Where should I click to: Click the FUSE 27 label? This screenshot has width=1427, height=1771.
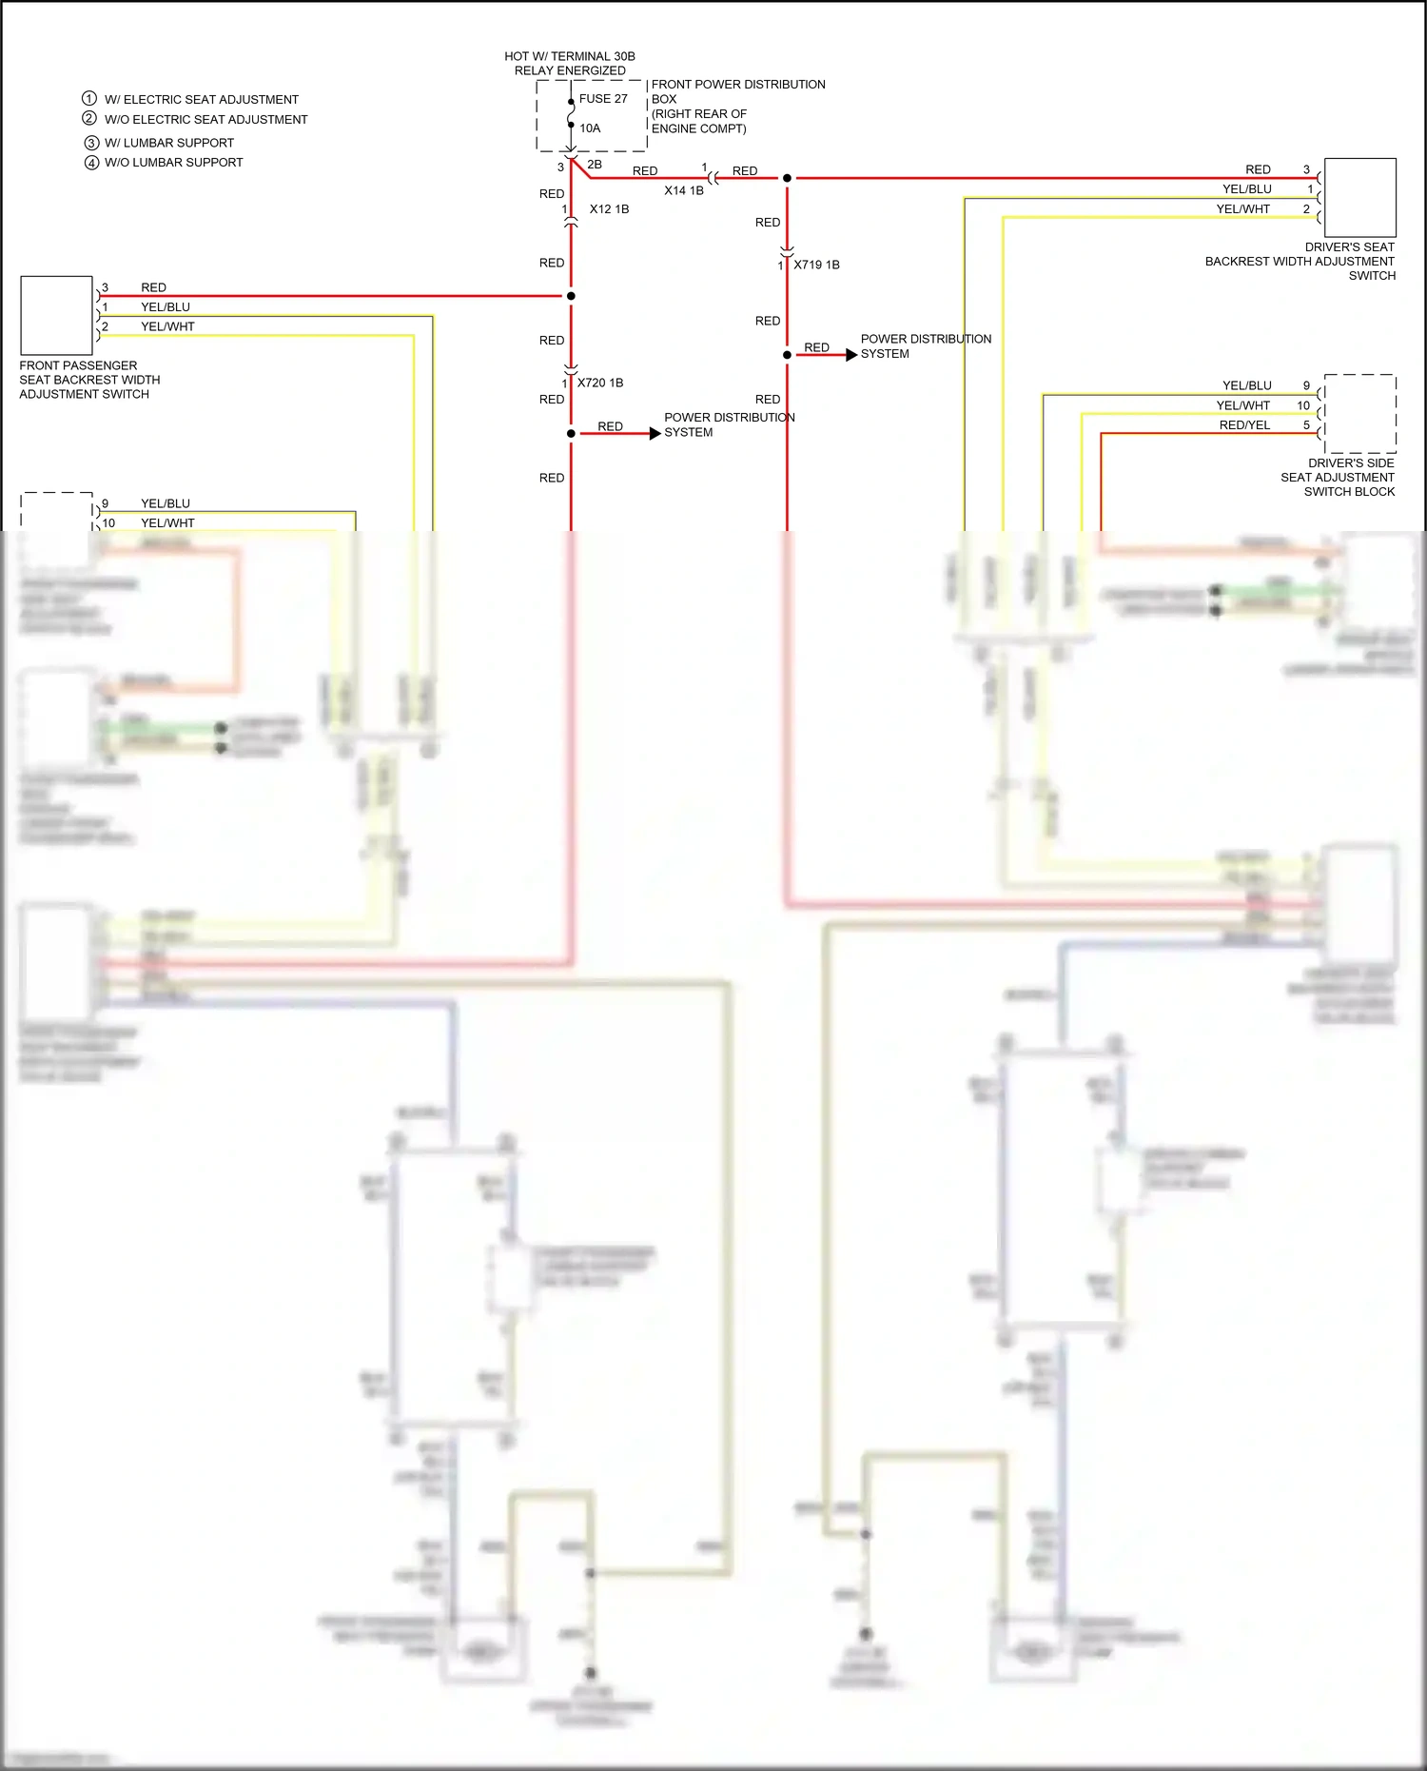tap(603, 99)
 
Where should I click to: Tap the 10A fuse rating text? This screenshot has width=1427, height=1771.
tap(590, 128)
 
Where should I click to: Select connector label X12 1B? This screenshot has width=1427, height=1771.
tap(609, 209)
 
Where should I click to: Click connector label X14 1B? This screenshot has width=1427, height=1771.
tap(684, 190)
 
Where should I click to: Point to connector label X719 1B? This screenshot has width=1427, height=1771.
tap(816, 266)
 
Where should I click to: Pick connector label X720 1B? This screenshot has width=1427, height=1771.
tap(600, 383)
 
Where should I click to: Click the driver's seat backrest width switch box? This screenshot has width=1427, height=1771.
tap(1359, 198)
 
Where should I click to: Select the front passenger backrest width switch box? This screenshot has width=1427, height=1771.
tap(56, 315)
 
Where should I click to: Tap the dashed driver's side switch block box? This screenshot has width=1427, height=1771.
tap(1359, 414)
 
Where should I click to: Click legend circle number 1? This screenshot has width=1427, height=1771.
tap(89, 99)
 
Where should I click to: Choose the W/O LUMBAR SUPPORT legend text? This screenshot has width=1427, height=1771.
tap(173, 163)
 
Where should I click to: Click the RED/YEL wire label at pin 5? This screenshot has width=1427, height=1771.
tap(1244, 425)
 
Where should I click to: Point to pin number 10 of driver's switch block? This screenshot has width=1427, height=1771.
tap(1303, 405)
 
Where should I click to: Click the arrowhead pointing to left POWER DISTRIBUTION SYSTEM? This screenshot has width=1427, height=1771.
tap(655, 434)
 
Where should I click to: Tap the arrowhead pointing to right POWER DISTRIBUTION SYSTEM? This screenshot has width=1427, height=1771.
tap(851, 355)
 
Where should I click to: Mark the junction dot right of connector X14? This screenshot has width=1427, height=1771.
tap(787, 178)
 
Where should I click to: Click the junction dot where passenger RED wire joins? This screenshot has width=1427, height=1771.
tap(571, 296)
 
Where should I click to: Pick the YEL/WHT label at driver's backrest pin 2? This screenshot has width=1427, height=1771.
tap(1242, 209)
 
